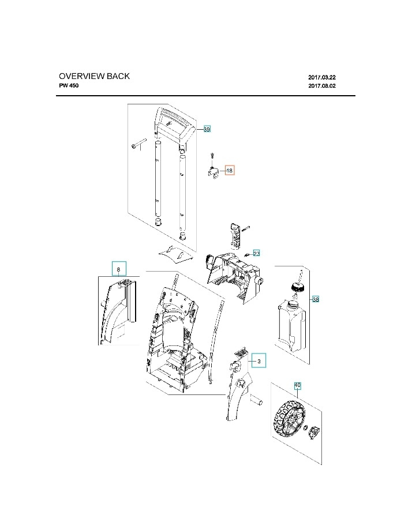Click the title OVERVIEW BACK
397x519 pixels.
(x=94, y=76)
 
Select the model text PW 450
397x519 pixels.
(x=69, y=86)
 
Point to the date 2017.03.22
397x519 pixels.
(x=321, y=77)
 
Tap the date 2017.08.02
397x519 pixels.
(x=321, y=86)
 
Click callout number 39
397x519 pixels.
(x=207, y=130)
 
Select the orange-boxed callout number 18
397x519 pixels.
(x=229, y=171)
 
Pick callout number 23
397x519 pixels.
(x=257, y=253)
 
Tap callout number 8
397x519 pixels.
(x=118, y=269)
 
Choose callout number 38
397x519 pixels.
(x=315, y=299)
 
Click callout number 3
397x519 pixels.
(x=259, y=362)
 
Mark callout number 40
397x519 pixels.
(x=298, y=385)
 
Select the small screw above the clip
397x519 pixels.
(x=212, y=155)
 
